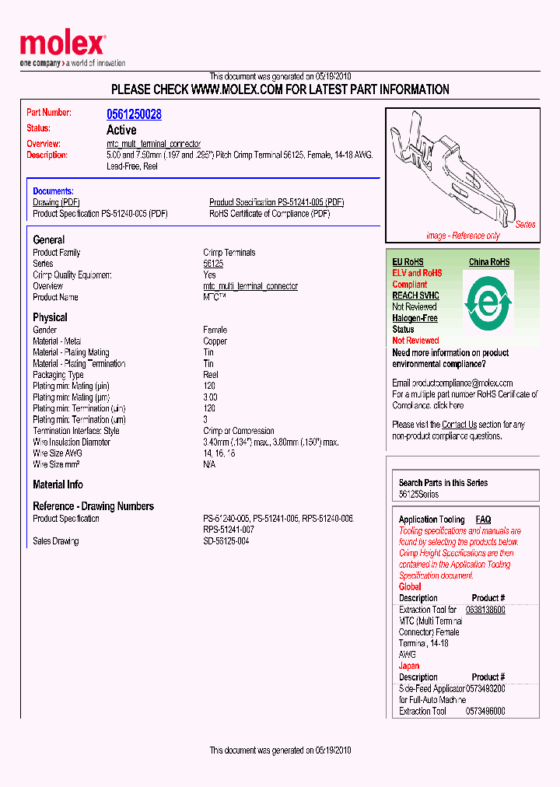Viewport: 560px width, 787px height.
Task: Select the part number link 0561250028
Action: coord(134,114)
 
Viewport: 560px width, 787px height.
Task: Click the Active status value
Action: coord(121,130)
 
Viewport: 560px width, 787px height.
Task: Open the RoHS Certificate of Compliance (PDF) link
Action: coord(269,213)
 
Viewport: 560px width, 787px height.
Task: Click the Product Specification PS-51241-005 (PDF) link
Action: coord(276,202)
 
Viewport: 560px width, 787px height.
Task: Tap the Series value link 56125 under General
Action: coord(213,264)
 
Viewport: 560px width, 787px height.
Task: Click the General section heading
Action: coord(49,240)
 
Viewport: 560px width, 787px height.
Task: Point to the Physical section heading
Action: coord(50,317)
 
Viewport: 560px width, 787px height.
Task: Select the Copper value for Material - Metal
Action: coord(215,341)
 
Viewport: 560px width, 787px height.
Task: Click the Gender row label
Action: coord(45,331)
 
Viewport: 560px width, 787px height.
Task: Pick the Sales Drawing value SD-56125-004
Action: coord(226,540)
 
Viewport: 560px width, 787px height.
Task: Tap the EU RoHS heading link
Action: coord(408,262)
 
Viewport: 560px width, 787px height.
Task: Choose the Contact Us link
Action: coord(459,425)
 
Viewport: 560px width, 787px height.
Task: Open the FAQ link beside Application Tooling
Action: coord(483,519)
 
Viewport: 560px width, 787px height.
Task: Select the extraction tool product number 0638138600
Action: coord(485,610)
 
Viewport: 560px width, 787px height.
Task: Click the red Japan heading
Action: coord(408,666)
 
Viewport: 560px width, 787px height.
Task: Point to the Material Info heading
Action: coord(58,484)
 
